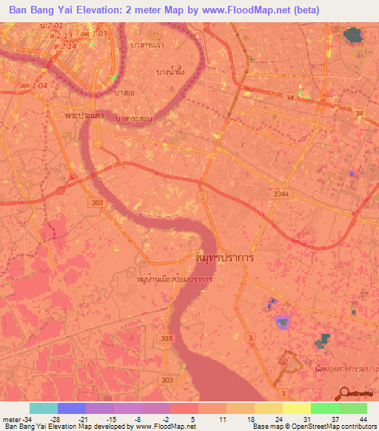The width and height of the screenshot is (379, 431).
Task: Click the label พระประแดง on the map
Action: [x=84, y=116]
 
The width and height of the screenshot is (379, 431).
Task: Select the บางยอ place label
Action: [x=124, y=93]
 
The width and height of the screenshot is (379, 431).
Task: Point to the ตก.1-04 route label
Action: [x=35, y=86]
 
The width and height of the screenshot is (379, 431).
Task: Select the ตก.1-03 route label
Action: [x=94, y=33]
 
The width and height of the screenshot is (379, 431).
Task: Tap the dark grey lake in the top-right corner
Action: [x=354, y=34]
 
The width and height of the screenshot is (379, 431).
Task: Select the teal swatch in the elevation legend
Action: [x=43, y=408]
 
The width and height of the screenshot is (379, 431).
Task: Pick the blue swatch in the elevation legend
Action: [x=71, y=408]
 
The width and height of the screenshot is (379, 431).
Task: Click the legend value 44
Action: [x=362, y=419]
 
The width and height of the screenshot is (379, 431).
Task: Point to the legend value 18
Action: [x=250, y=419]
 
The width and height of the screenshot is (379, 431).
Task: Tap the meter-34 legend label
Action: [x=17, y=419]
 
